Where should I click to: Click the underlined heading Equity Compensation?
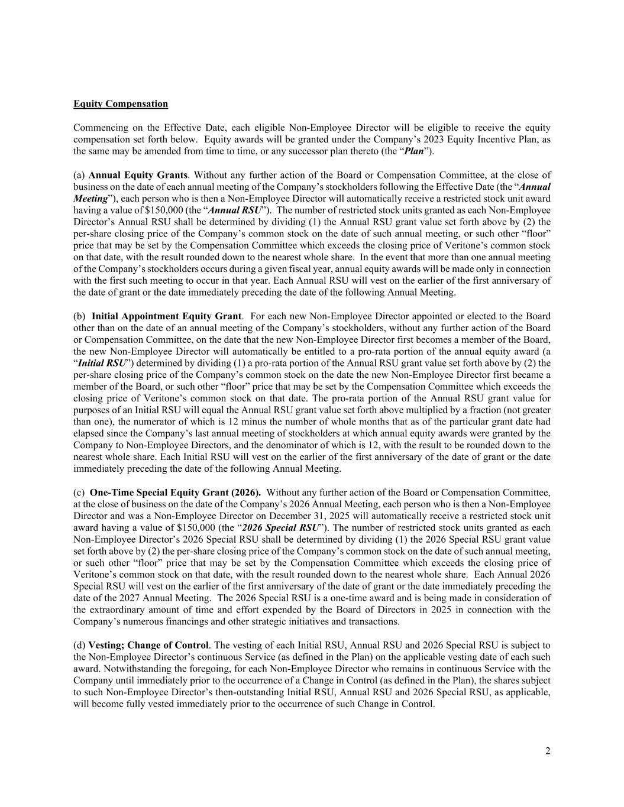tap(121, 104)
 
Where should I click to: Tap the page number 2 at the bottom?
tap(548, 751)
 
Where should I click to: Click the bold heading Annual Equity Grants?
tap(138, 175)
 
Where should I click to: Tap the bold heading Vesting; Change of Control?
tap(148, 645)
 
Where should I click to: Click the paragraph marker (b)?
tap(79, 316)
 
